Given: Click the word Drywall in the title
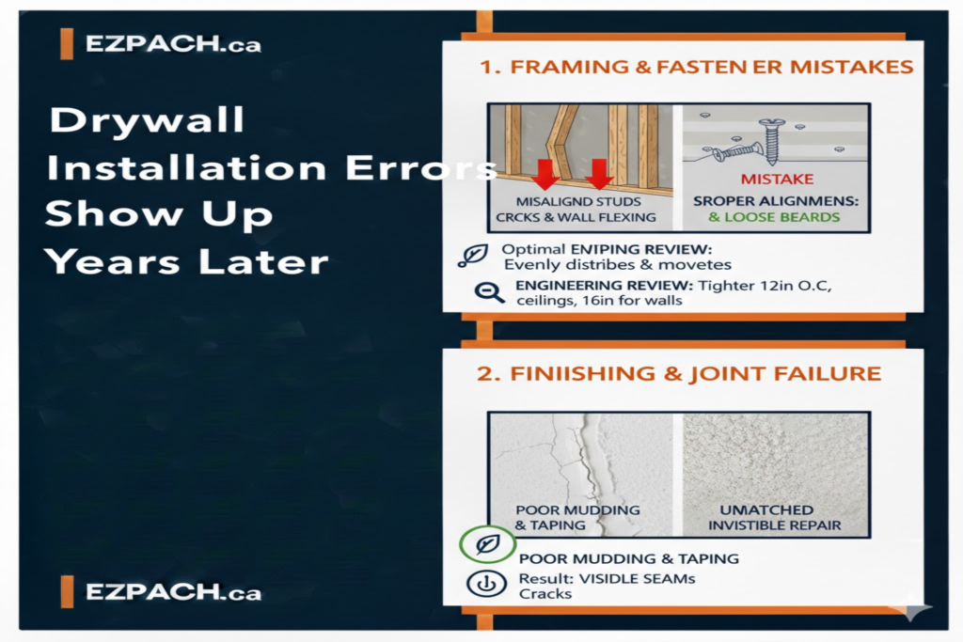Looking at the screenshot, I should pyautogui.click(x=146, y=121).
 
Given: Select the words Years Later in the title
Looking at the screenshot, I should pyautogui.click(x=187, y=261).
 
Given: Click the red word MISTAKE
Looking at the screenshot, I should pyautogui.click(x=777, y=179).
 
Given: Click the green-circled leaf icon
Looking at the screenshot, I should pyautogui.click(x=488, y=544).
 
